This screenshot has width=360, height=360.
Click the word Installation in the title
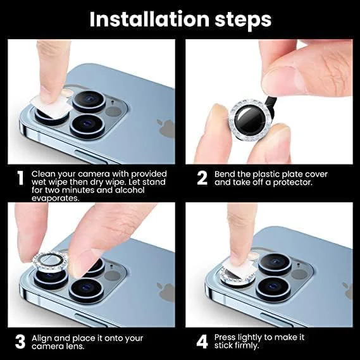pyautogui.click(x=149, y=19)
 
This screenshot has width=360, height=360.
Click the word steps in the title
pyautogui.click(x=243, y=21)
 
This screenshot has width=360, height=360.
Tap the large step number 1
pyautogui.click(x=21, y=178)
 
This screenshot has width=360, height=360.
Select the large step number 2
pyautogui.click(x=202, y=178)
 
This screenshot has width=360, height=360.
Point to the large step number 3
pyautogui.click(x=20, y=342)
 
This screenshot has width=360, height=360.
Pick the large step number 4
pyautogui.click(x=202, y=342)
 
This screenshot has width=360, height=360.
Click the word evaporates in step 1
pyautogui.click(x=55, y=199)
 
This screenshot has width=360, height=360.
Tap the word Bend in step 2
pyautogui.click(x=225, y=174)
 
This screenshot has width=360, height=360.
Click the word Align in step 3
pyautogui.click(x=42, y=338)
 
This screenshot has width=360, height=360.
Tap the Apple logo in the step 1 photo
pyautogui.click(x=166, y=128)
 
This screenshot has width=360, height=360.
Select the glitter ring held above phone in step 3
pyautogui.click(x=49, y=261)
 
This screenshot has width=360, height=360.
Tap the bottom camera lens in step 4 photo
pyautogui.click(x=273, y=289)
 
